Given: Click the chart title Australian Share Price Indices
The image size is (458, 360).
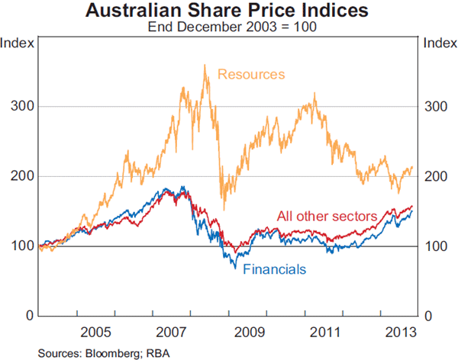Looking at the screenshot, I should point(228,11).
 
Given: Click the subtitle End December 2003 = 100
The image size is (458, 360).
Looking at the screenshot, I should point(228,27).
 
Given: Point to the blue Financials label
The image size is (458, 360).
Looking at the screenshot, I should point(275,268).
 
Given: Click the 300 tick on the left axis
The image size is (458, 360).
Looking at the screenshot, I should point(20,106).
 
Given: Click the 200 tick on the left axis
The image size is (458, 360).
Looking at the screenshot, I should point(20,176).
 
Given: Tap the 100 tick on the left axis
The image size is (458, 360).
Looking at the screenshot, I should point(20,246).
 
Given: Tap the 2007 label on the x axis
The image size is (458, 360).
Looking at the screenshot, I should point(173,333).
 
